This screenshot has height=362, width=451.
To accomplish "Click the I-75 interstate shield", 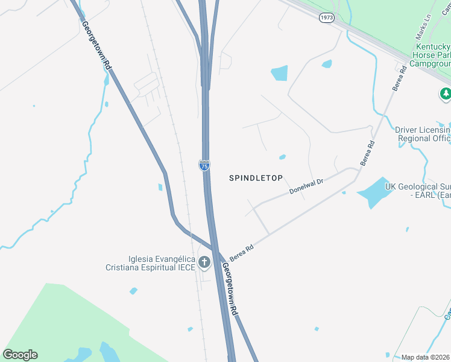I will point(204,165).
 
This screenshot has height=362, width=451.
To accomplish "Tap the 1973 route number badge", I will point(326,17).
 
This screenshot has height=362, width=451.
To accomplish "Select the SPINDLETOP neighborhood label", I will point(256,178).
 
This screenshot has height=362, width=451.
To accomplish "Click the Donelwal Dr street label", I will point(306,186).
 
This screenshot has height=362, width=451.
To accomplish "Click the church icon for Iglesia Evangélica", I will point(204,262).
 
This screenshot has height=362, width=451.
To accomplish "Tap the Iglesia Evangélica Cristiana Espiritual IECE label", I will point(151,263).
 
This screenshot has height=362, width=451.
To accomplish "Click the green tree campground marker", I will point(446,94).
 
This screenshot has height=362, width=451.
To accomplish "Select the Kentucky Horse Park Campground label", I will point(430,55).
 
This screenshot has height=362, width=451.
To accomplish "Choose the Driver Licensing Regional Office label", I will point(423,134).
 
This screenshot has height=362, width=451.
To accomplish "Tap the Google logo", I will point(20,355).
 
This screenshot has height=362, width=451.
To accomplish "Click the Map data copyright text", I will point(426,357).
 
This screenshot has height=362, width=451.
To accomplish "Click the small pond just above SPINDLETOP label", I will point(282,157).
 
